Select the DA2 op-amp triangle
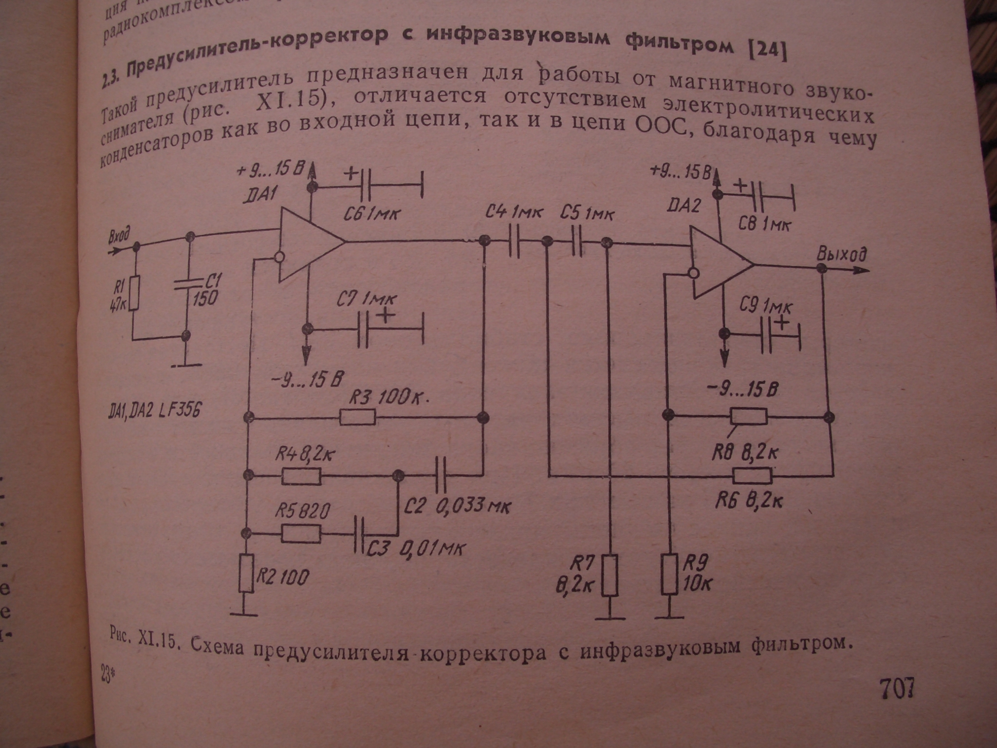[x=718, y=268]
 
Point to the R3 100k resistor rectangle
[x=358, y=417]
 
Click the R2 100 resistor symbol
[x=247, y=573]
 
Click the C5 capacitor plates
[x=576, y=241]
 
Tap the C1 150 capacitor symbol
[x=189, y=285]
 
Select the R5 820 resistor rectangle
[x=301, y=534]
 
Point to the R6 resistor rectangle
[x=752, y=475]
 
